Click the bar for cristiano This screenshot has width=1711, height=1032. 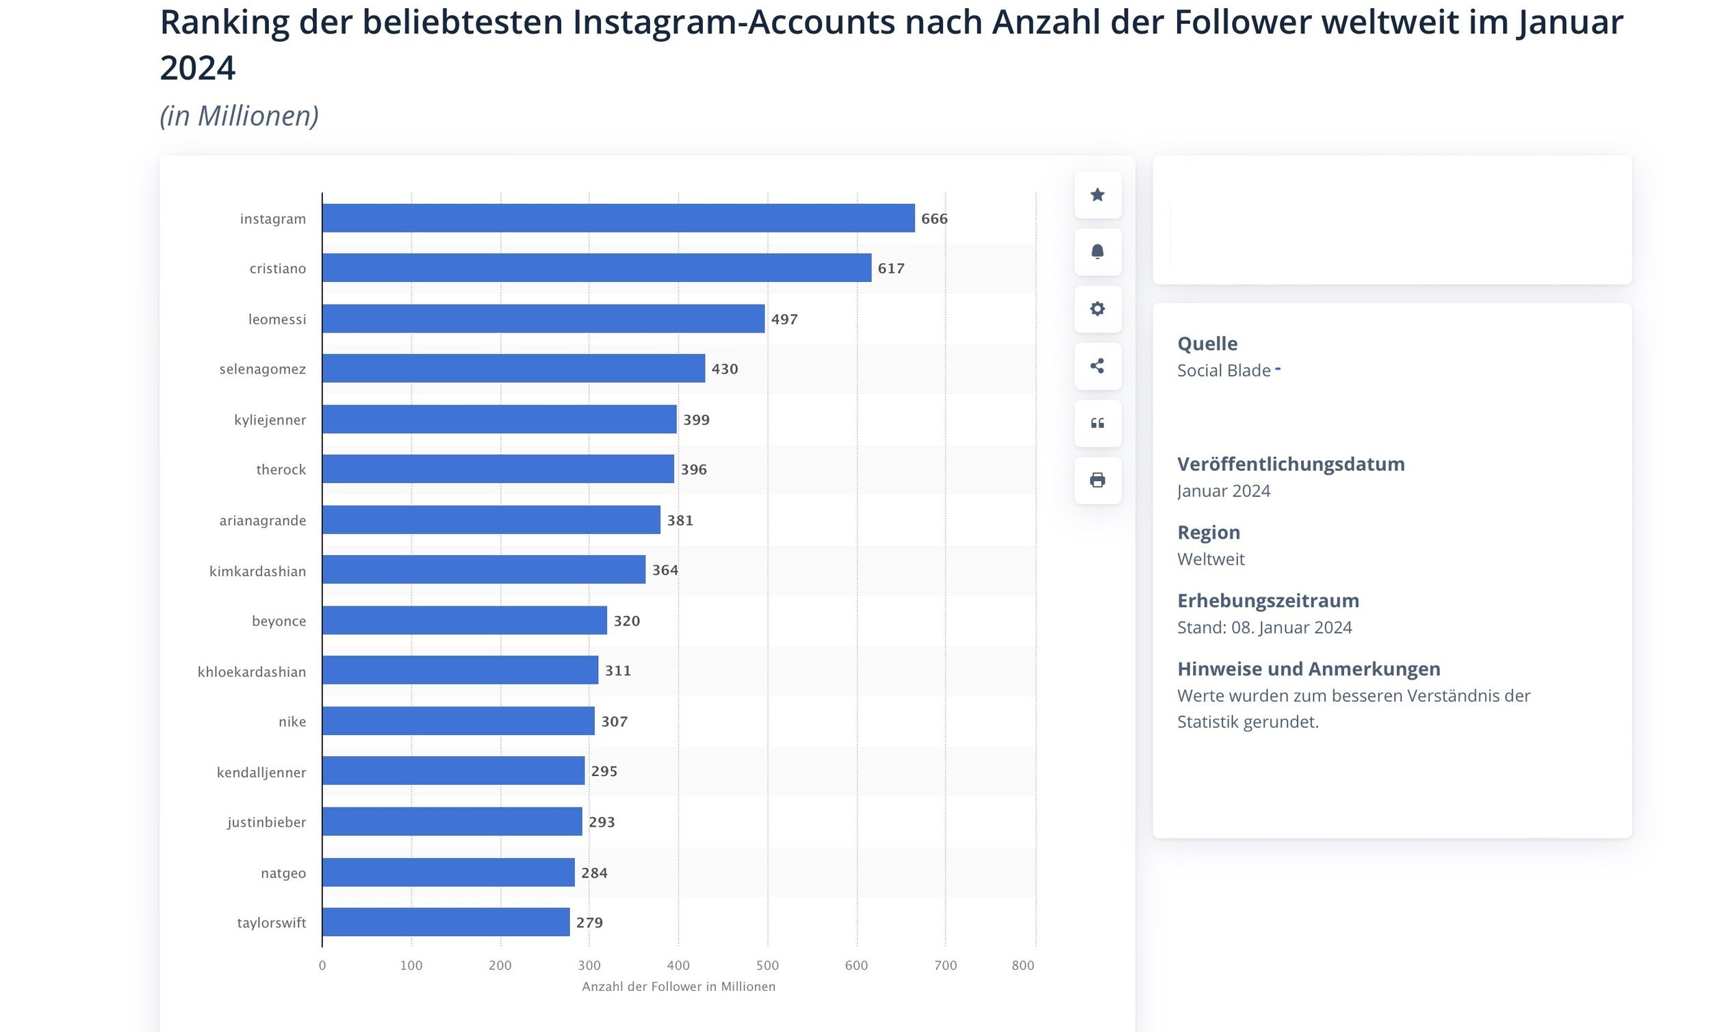pyautogui.click(x=596, y=268)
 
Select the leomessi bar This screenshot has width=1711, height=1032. pyautogui.click(x=543, y=318)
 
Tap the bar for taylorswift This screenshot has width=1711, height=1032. pyautogui.click(x=446, y=922)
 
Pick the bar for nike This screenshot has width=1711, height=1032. pyautogui.click(x=459, y=720)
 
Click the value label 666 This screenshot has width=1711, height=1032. pyautogui.click(x=934, y=219)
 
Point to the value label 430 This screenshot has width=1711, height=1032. pyautogui.click(x=724, y=369)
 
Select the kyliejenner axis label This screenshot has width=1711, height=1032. pyautogui.click(x=270, y=420)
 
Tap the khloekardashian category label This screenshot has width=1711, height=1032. pyautogui.click(x=251, y=671)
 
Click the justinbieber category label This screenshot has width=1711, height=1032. pyautogui.click(x=267, y=822)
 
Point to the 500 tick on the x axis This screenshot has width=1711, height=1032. pyautogui.click(x=767, y=965)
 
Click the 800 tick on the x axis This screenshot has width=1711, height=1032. pyautogui.click(x=1023, y=965)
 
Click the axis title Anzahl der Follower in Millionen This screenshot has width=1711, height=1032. pyautogui.click(x=678, y=986)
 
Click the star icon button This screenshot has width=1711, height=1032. pyautogui.click(x=1097, y=194)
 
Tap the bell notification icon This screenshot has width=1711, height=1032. pyautogui.click(x=1097, y=251)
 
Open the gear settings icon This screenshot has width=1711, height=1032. pyautogui.click(x=1097, y=309)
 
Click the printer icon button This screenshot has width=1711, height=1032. pyautogui.click(x=1097, y=480)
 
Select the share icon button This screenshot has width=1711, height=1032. pyautogui.click(x=1097, y=365)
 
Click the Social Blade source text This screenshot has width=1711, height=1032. pyautogui.click(x=1224, y=370)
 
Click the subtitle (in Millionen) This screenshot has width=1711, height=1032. pyautogui.click(x=239, y=115)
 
